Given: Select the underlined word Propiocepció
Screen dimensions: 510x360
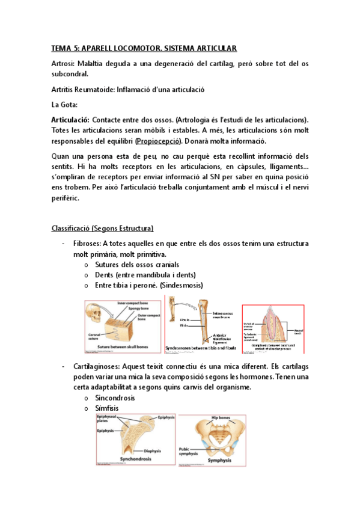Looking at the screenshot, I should [160, 141].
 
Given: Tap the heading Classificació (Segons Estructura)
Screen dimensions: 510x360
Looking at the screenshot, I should [102, 229].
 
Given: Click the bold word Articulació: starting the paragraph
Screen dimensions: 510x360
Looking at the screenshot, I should [70, 120].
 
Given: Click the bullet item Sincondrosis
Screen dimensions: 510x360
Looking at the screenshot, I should [115, 398].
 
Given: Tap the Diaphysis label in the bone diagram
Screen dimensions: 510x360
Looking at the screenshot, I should [156, 450].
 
